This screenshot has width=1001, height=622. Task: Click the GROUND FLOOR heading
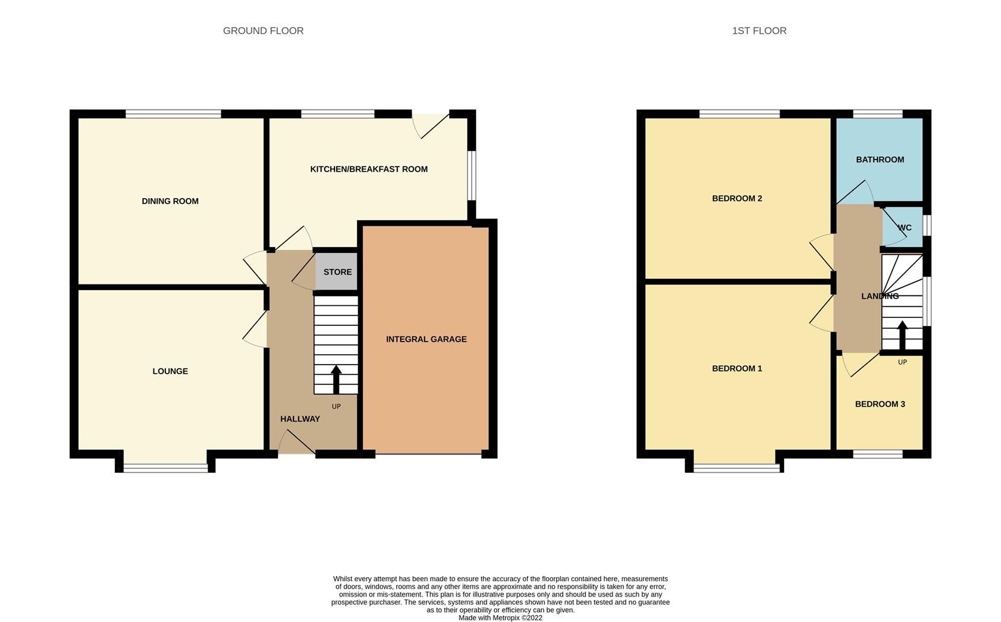[263, 31]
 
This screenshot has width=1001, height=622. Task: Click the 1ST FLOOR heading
[759, 31]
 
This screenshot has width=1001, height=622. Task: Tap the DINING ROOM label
[170, 201]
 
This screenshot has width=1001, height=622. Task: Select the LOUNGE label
[170, 371]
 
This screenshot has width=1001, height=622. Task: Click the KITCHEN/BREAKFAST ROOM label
[369, 169]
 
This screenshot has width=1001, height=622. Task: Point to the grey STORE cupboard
[337, 272]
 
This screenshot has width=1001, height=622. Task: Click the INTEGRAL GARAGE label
[426, 339]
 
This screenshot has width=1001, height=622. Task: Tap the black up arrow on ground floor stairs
[336, 378]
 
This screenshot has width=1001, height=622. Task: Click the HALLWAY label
[300, 419]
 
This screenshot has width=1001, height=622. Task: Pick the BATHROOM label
[880, 160]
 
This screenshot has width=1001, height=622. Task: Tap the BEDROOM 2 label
[737, 199]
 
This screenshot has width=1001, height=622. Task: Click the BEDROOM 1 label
[737, 369]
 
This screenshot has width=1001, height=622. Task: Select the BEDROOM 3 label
[880, 404]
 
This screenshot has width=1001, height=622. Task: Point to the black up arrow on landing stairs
[902, 335]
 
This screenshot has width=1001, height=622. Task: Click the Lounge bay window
[165, 468]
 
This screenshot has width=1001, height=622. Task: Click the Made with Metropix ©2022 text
[501, 618]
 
